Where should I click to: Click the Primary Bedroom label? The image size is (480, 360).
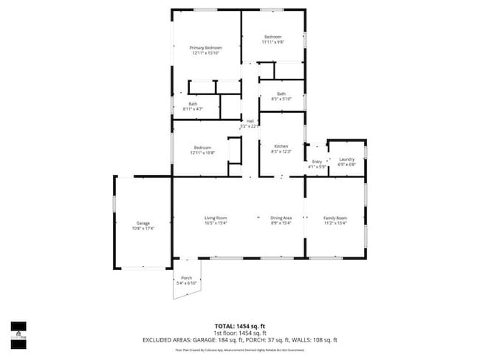point(206,47)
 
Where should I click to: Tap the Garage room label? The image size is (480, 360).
point(143,223)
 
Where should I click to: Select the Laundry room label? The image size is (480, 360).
point(346,159)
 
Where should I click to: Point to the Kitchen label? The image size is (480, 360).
point(281,147)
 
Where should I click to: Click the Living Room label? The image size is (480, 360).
point(216,218)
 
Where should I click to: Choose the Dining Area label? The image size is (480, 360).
point(281,218)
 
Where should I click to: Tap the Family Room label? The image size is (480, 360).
point(336,218)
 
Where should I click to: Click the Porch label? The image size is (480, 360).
point(186,278)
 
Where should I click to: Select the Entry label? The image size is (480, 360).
point(317,162)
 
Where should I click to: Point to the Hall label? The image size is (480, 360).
point(250,121)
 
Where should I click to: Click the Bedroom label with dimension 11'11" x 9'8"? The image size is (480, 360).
point(273,36)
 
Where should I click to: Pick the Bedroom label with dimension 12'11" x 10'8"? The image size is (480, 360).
point(202,147)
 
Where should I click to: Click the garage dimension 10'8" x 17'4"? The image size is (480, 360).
point(143,227)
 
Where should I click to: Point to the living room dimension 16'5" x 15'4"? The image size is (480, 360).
point(216,222)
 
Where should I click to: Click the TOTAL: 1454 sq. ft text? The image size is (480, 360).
point(239,325)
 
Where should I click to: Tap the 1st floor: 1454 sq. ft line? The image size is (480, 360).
point(239,333)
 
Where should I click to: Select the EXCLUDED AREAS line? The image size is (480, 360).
point(239,340)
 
